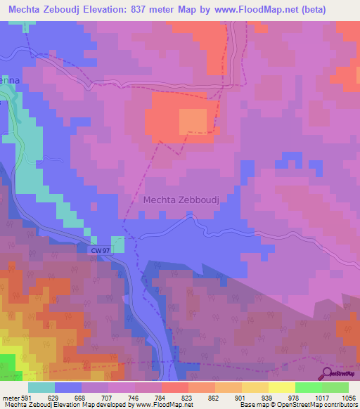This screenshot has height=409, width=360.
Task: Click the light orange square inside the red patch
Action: (193, 121)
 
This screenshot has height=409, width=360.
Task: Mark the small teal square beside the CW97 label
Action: (118, 244)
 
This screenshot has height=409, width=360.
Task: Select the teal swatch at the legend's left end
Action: (41, 387)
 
